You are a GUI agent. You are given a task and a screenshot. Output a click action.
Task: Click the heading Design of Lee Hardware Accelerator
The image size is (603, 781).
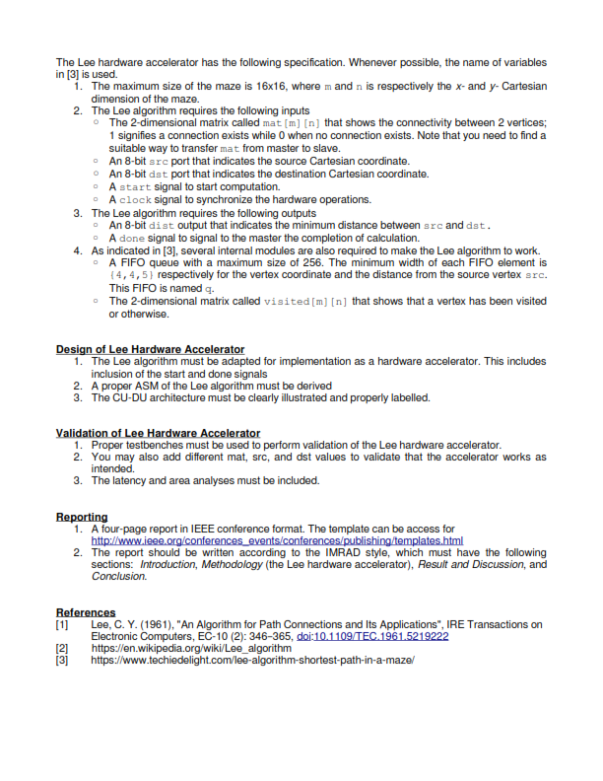point(150,349)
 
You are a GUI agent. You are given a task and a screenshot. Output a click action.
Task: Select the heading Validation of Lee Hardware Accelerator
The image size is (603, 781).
point(158,433)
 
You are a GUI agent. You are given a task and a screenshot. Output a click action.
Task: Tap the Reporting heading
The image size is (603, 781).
point(82,517)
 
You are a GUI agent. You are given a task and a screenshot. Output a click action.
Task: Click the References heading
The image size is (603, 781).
point(86,612)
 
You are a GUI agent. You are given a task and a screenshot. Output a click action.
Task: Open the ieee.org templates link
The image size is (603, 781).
point(277,541)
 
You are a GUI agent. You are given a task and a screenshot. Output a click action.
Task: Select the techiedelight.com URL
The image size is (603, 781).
point(251,661)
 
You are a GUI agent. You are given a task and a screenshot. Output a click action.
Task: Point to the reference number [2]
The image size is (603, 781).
point(62,649)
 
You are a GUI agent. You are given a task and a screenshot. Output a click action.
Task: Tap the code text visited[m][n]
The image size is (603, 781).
point(305,302)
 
